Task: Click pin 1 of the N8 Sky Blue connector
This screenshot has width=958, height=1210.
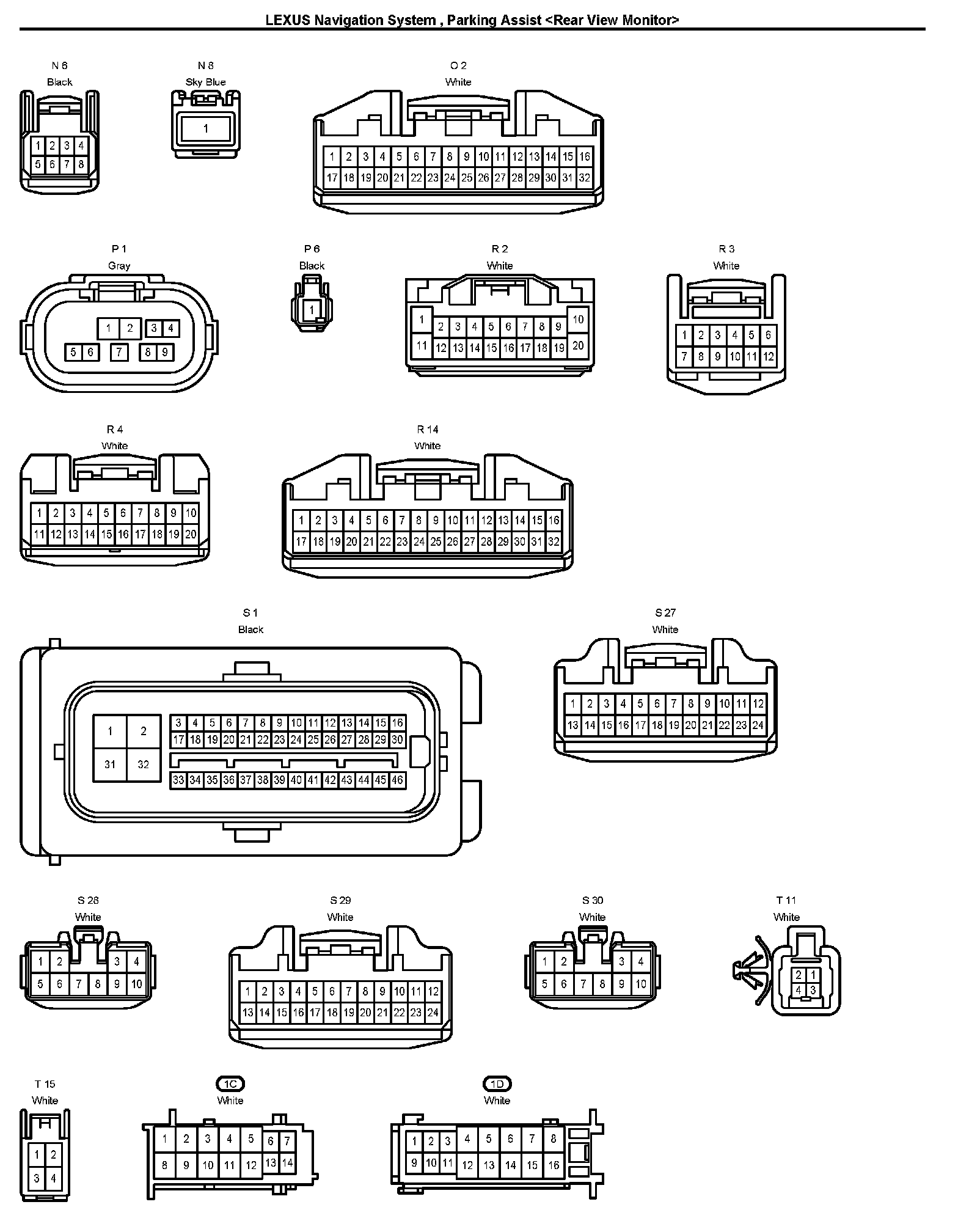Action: [x=206, y=128]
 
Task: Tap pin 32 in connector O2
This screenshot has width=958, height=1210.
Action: [x=585, y=178]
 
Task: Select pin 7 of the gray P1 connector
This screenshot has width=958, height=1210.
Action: [x=119, y=352]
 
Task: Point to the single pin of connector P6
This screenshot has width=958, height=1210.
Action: [x=312, y=310]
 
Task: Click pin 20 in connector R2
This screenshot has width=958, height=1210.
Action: [x=578, y=346]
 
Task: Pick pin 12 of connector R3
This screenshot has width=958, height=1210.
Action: [x=768, y=356]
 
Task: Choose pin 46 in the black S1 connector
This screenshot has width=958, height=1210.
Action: [x=397, y=780]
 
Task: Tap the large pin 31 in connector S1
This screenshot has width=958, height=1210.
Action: [x=110, y=764]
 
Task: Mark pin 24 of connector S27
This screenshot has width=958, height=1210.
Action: [x=758, y=725]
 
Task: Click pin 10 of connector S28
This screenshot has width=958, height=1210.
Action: [x=136, y=984]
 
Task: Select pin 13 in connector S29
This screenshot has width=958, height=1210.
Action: [x=247, y=1012]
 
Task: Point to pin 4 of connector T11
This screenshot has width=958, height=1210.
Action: [x=799, y=990]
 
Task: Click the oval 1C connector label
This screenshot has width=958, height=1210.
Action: [x=230, y=1084]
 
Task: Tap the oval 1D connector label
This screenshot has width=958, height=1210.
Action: [x=497, y=1084]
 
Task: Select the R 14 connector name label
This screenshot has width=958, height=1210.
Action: [x=427, y=429]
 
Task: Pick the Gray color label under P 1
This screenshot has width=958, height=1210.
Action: [x=119, y=266]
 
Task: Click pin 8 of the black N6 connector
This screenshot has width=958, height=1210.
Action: [x=81, y=164]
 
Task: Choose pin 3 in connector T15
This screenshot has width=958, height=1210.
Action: [x=37, y=1178]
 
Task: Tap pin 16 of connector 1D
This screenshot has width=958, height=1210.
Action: [x=553, y=1165]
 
